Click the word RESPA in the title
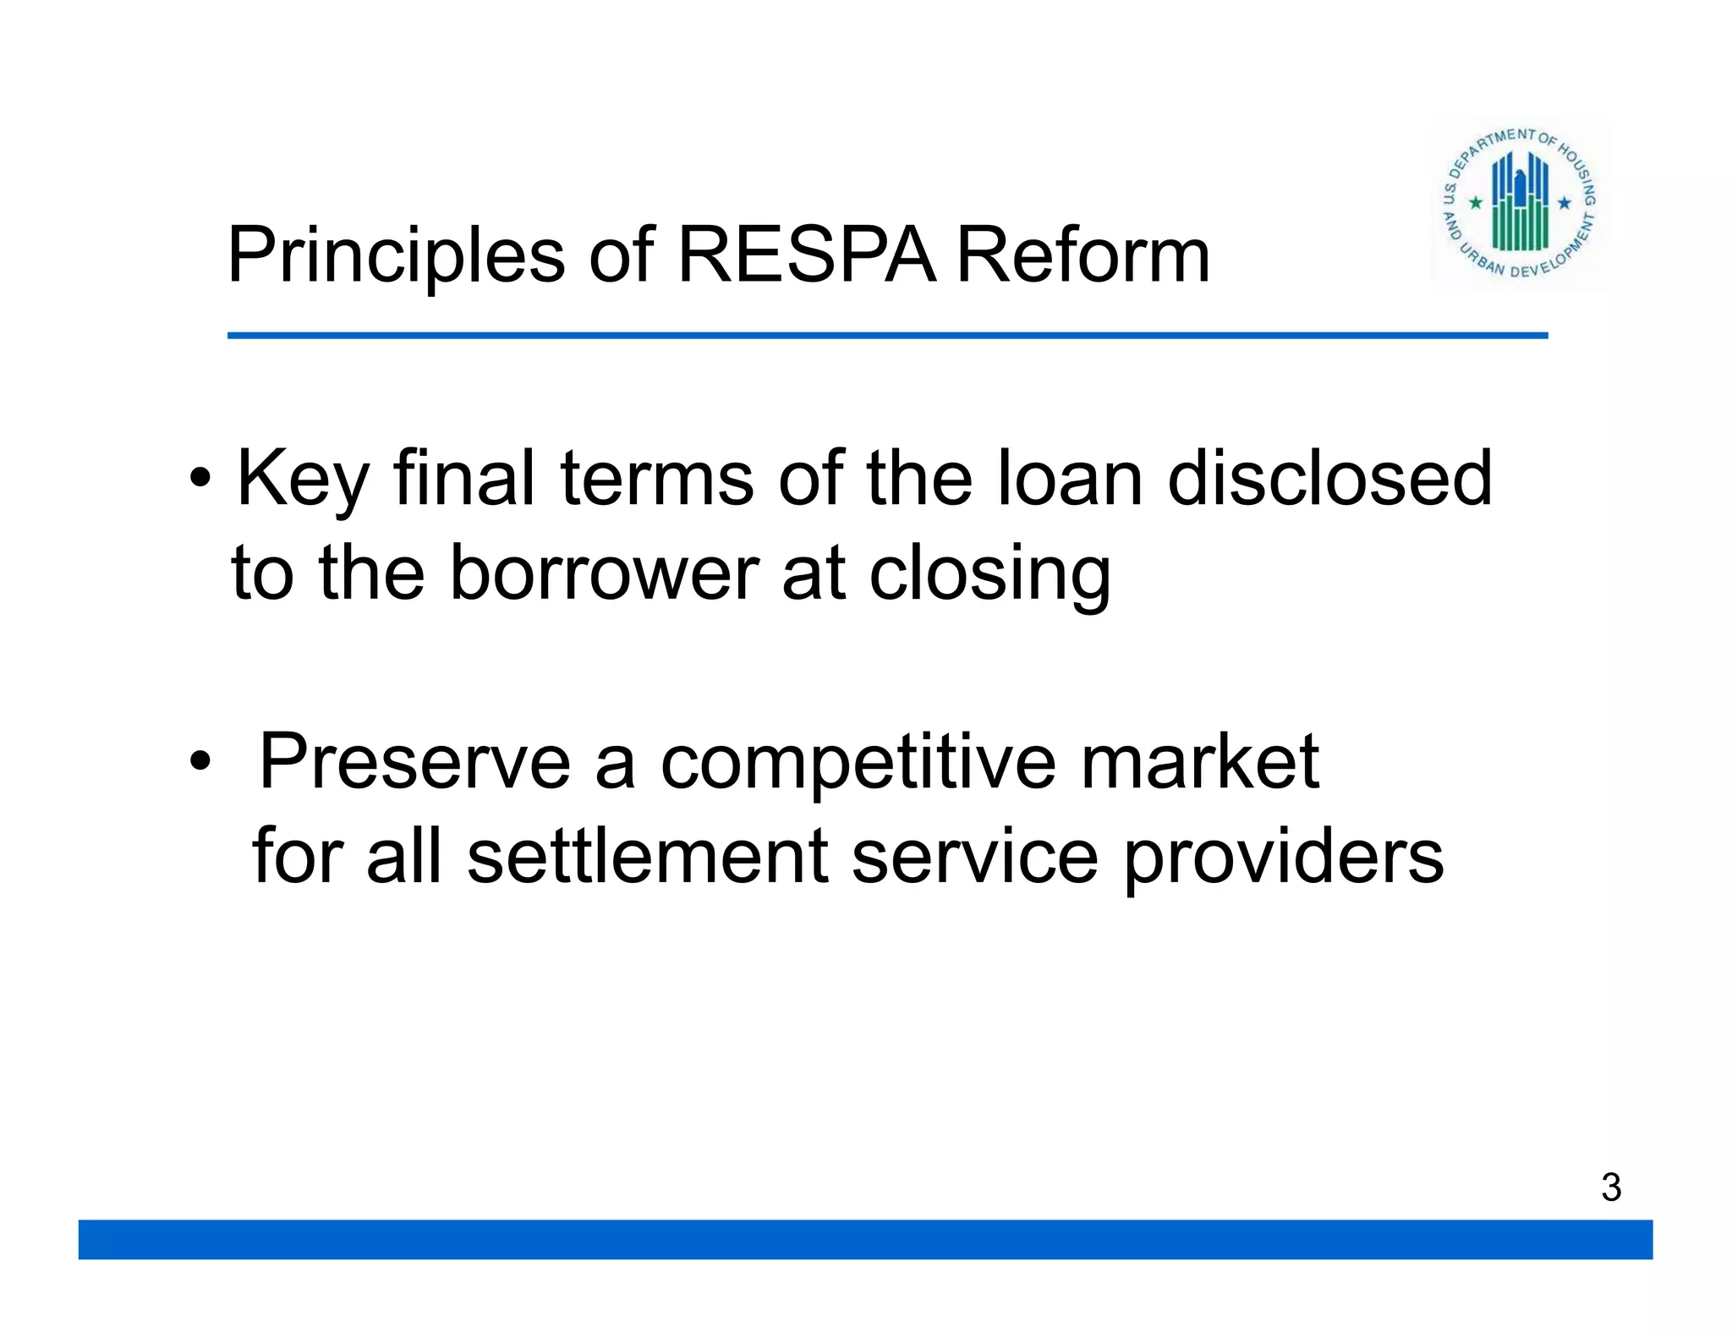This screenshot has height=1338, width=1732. point(807,255)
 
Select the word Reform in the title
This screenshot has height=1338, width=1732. point(1082,255)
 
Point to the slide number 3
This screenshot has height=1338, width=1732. point(1611,1187)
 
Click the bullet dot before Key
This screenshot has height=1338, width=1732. point(200,479)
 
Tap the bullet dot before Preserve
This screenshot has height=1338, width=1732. point(200,761)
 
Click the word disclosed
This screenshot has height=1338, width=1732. point(1329,479)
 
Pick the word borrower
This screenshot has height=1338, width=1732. point(604,573)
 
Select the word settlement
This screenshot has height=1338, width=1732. point(647,856)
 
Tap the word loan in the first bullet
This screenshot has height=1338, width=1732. point(1070,479)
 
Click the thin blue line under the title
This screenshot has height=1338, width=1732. point(887,336)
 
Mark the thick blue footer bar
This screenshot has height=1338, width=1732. point(865,1239)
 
